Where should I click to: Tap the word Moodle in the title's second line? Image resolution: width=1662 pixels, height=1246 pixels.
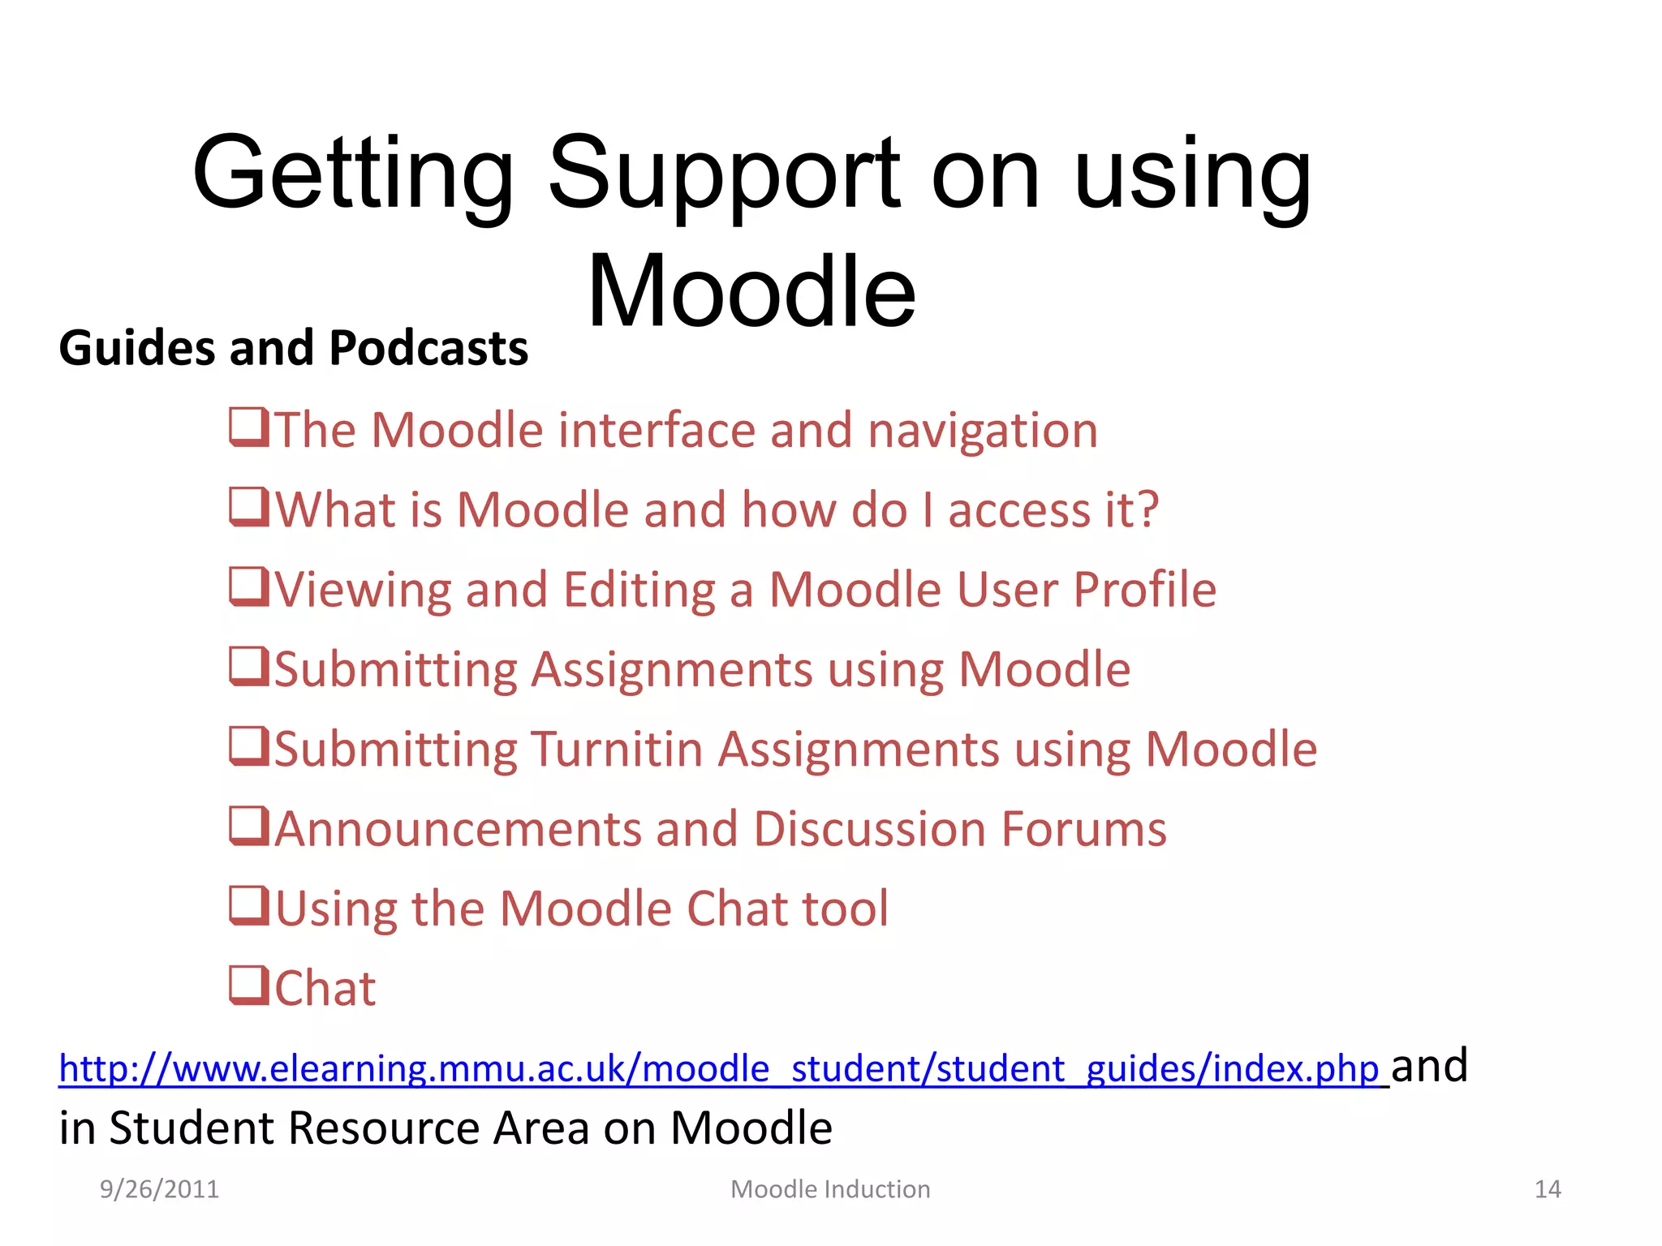click(751, 292)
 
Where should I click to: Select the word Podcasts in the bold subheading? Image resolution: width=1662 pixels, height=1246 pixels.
click(428, 349)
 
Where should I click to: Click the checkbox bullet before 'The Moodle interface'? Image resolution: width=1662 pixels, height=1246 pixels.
click(248, 428)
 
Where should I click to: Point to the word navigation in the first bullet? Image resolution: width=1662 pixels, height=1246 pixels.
click(982, 431)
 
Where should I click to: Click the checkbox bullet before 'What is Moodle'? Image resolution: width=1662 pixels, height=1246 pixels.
click(248, 507)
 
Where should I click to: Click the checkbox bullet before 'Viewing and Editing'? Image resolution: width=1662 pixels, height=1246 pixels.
click(248, 586)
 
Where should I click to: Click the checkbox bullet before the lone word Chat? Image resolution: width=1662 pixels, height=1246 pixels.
click(248, 986)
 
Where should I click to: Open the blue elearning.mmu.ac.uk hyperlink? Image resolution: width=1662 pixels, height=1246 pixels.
click(718, 1069)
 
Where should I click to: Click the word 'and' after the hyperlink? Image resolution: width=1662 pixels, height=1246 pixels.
click(1429, 1066)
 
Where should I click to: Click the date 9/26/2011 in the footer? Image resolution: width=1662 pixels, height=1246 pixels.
click(159, 1189)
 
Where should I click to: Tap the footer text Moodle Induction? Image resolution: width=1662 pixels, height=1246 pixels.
click(830, 1189)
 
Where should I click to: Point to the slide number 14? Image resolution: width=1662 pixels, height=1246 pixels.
click(1548, 1189)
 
